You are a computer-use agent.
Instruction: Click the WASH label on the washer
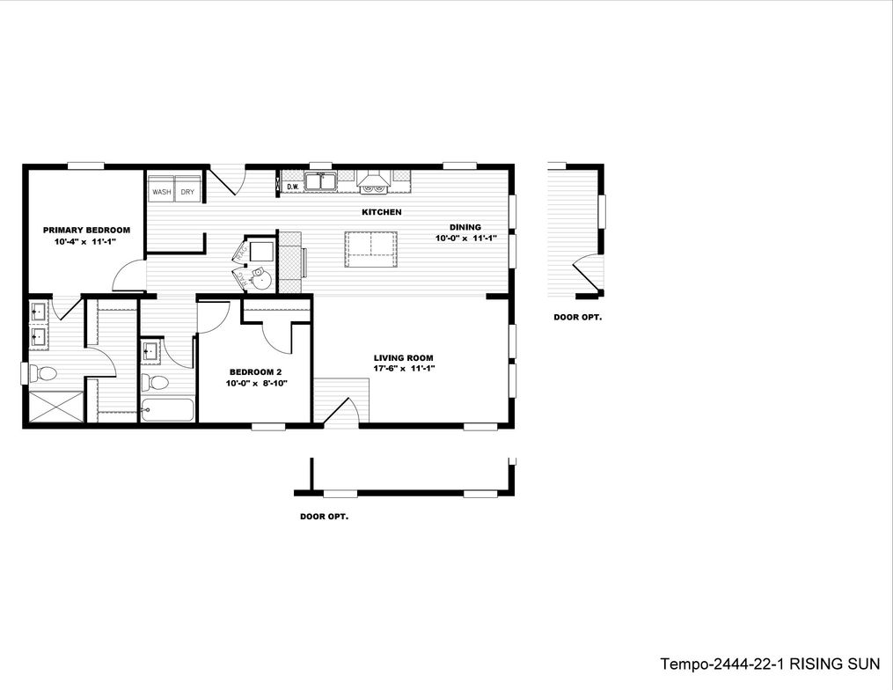point(161,191)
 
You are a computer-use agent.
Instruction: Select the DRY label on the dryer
point(187,191)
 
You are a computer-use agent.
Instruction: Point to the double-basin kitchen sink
point(320,183)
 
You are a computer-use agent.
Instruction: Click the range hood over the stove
point(373,182)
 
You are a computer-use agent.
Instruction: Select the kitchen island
point(370,249)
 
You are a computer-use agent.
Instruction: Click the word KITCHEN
point(382,212)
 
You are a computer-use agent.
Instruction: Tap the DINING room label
point(465,226)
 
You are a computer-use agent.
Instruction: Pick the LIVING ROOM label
point(403,357)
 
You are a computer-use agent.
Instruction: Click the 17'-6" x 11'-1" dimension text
point(403,369)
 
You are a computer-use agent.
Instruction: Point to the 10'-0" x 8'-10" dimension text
point(257,383)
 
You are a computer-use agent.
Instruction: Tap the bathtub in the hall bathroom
point(167,410)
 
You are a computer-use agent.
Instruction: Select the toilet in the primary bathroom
point(40,372)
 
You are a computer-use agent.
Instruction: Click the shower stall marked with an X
point(55,407)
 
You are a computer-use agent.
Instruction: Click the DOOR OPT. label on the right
point(577,317)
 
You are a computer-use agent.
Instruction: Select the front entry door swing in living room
point(341,409)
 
